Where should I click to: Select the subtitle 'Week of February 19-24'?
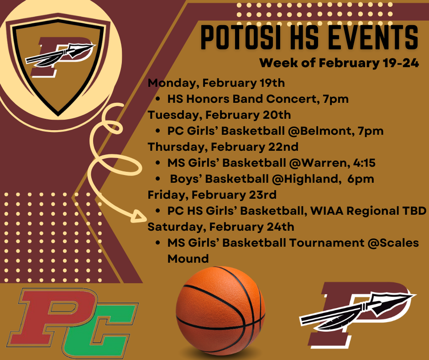tap(339, 63)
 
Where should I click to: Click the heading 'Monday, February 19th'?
tap(216, 83)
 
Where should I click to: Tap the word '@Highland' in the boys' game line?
tap(306, 179)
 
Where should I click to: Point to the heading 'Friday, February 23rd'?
tap(212, 195)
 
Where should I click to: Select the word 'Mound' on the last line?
tap(188, 259)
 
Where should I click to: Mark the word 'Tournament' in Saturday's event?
tap(326, 243)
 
